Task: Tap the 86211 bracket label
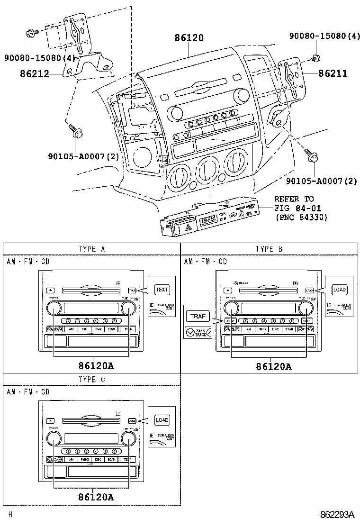333,73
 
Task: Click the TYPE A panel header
92,249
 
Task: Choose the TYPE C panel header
92,379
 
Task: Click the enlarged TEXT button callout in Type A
162,290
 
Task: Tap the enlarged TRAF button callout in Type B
197,317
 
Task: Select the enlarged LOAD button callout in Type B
340,290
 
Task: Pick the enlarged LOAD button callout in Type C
162,420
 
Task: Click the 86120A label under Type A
96,366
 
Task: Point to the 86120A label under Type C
96,497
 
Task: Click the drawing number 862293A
337,515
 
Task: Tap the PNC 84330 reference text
301,217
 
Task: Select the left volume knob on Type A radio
54,309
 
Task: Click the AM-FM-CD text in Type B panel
205,262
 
